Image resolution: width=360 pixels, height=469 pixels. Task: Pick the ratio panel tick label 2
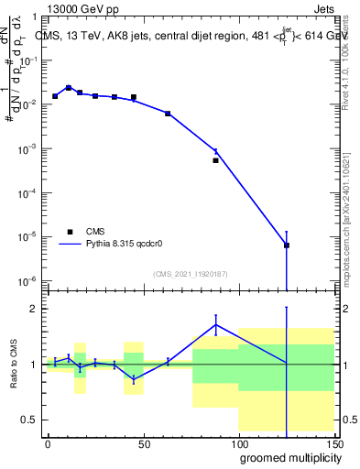point(32,309)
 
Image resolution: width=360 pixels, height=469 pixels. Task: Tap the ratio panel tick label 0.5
point(29,420)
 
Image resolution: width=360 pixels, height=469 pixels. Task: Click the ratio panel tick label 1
point(32,365)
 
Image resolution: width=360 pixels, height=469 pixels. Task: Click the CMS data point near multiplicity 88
point(216,160)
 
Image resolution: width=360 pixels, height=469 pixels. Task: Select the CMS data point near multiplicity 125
point(287,245)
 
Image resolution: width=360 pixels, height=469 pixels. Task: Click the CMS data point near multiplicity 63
point(168,114)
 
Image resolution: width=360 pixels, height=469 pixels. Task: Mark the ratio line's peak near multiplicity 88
point(216,324)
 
